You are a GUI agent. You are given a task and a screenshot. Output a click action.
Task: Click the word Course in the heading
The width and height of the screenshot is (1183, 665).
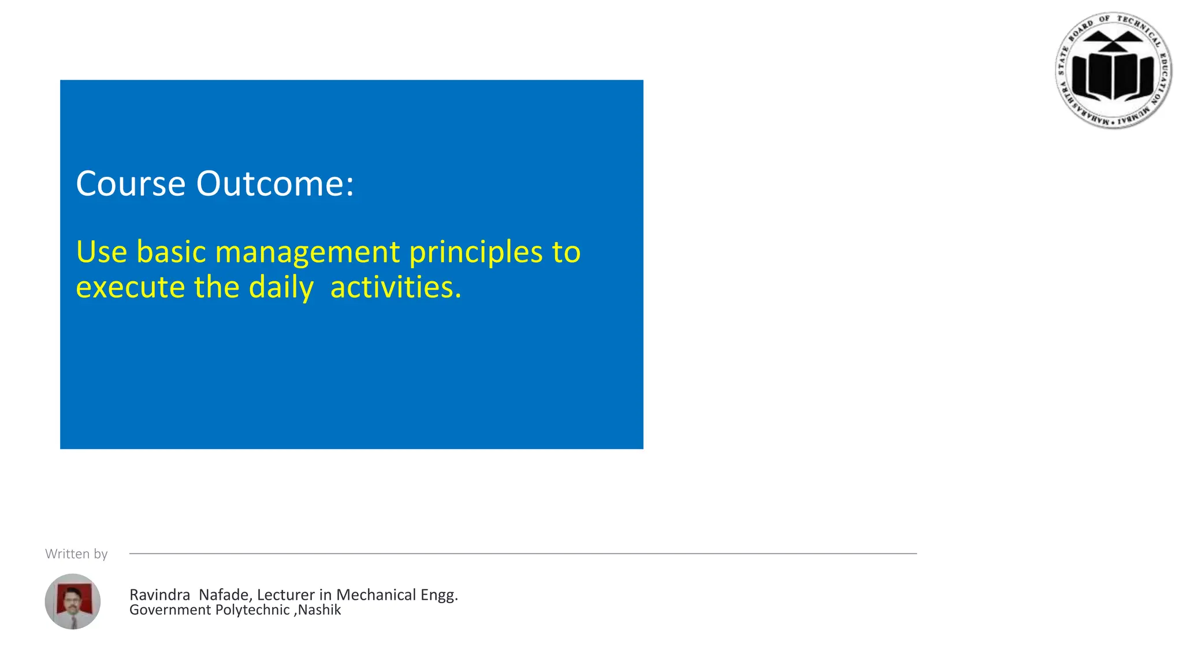click(x=131, y=184)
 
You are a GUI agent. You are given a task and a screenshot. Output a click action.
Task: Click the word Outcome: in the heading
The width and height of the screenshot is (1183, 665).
click(x=275, y=184)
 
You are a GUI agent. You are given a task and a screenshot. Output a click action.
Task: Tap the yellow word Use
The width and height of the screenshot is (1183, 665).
click(x=101, y=252)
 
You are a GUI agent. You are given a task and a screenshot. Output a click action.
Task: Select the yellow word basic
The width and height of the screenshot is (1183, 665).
click(x=171, y=252)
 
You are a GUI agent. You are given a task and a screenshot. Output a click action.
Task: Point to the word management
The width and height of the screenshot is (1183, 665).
click(x=307, y=253)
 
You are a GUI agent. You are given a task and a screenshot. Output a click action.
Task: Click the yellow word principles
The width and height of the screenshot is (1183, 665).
click(x=476, y=253)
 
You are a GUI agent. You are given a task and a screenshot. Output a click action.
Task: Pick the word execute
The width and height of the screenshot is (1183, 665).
click(x=130, y=287)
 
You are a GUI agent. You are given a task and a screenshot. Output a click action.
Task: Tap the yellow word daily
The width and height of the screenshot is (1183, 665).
click(x=281, y=288)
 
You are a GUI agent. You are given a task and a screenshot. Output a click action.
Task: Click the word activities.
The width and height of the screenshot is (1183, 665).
click(x=396, y=287)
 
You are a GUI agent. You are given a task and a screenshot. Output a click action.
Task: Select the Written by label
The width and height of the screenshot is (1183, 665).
click(x=76, y=553)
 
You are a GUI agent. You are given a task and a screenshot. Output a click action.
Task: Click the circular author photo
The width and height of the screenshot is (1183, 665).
click(x=73, y=601)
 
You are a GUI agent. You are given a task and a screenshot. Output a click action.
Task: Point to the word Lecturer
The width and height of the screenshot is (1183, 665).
click(x=286, y=595)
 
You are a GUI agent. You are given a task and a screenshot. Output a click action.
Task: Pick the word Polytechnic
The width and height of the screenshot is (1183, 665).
click(x=252, y=610)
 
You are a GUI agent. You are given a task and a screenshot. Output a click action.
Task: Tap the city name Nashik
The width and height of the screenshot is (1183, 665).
click(x=319, y=610)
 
